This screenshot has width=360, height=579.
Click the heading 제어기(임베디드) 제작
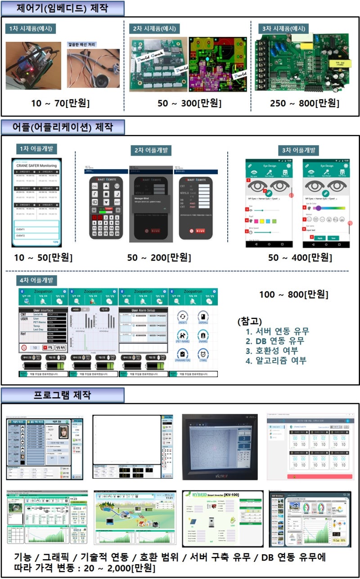pyautogui.click(x=63, y=8)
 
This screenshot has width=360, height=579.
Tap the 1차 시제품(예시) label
pyautogui.click(x=31, y=29)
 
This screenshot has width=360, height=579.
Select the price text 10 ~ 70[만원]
pyautogui.click(x=60, y=103)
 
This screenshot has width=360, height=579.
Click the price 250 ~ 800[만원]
pyautogui.click(x=305, y=103)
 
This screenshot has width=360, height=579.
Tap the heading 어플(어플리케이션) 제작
pyautogui.click(x=63, y=126)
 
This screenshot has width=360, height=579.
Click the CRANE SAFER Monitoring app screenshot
pyautogui.click(x=36, y=202)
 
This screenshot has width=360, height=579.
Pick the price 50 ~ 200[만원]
pyautogui.click(x=159, y=258)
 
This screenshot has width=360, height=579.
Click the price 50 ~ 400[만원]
pyautogui.click(x=300, y=258)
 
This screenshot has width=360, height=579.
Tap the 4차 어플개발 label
pyautogui.click(x=31, y=280)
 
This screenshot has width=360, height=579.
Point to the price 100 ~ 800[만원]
pyautogui.click(x=294, y=295)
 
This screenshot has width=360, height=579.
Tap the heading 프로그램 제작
pyautogui.click(x=63, y=395)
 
